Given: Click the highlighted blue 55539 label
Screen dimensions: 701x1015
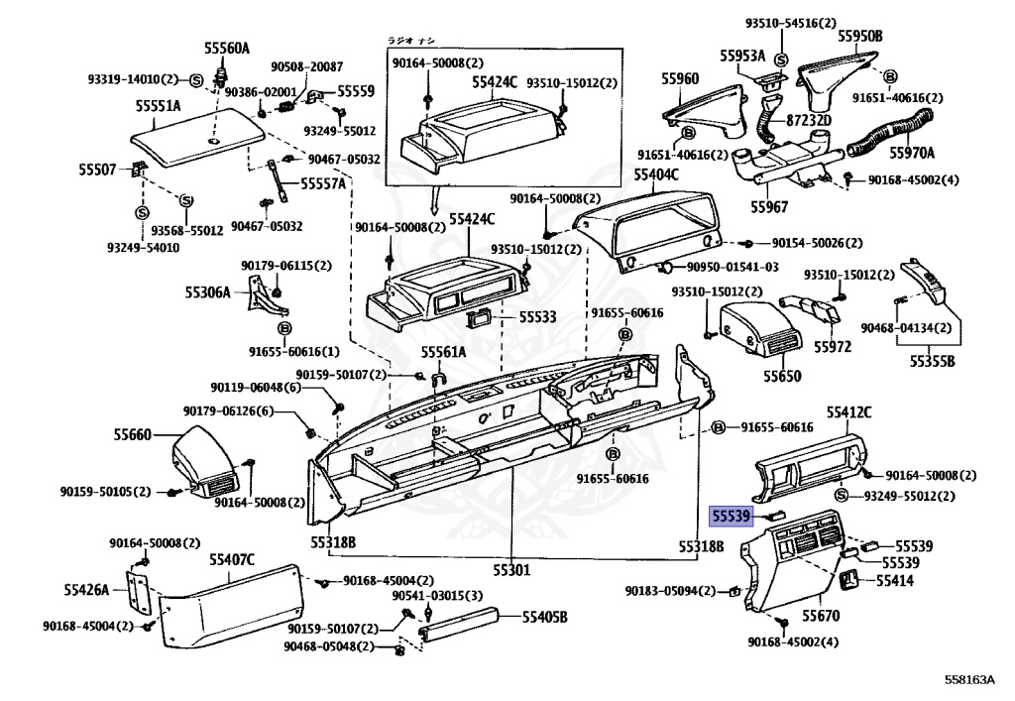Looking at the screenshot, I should pos(732,516).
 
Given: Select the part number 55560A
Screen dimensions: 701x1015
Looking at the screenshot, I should pos(227,49).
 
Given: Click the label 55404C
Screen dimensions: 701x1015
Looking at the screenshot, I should pos(656,175).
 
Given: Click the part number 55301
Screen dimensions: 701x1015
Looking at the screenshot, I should pos(509,570).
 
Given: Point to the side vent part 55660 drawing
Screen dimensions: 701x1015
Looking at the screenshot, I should pos(203,462).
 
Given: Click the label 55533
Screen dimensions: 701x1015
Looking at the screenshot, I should pos(532,316).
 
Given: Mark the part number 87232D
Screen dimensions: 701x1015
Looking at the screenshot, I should pos(809,120).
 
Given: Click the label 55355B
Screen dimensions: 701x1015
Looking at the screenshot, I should pos(932,361).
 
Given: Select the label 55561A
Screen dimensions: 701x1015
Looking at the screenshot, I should pos(442,352).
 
